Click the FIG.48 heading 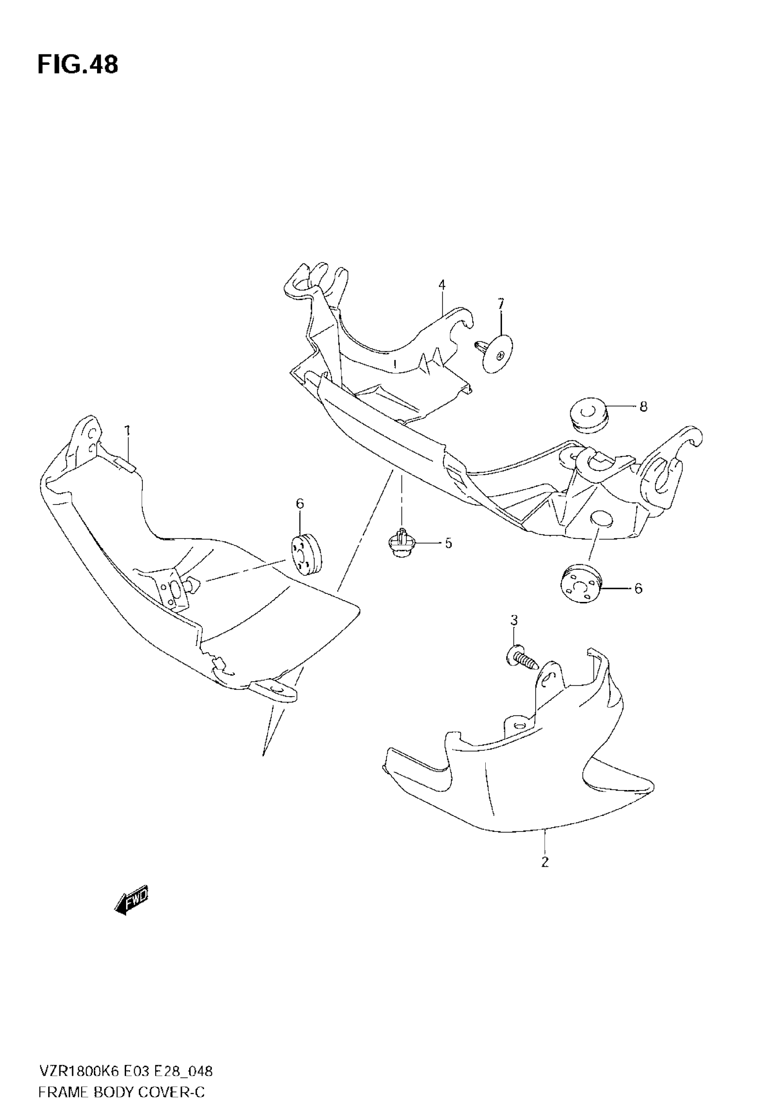coord(78,65)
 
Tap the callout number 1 coord(127,431)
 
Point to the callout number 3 coord(514,620)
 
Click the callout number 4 coord(442,285)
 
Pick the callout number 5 coord(448,543)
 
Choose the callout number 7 coord(501,304)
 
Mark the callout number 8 coord(643,407)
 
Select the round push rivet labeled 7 coord(496,353)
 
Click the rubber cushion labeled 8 coord(587,413)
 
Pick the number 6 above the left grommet coord(300,505)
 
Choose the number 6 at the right coord(638,588)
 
